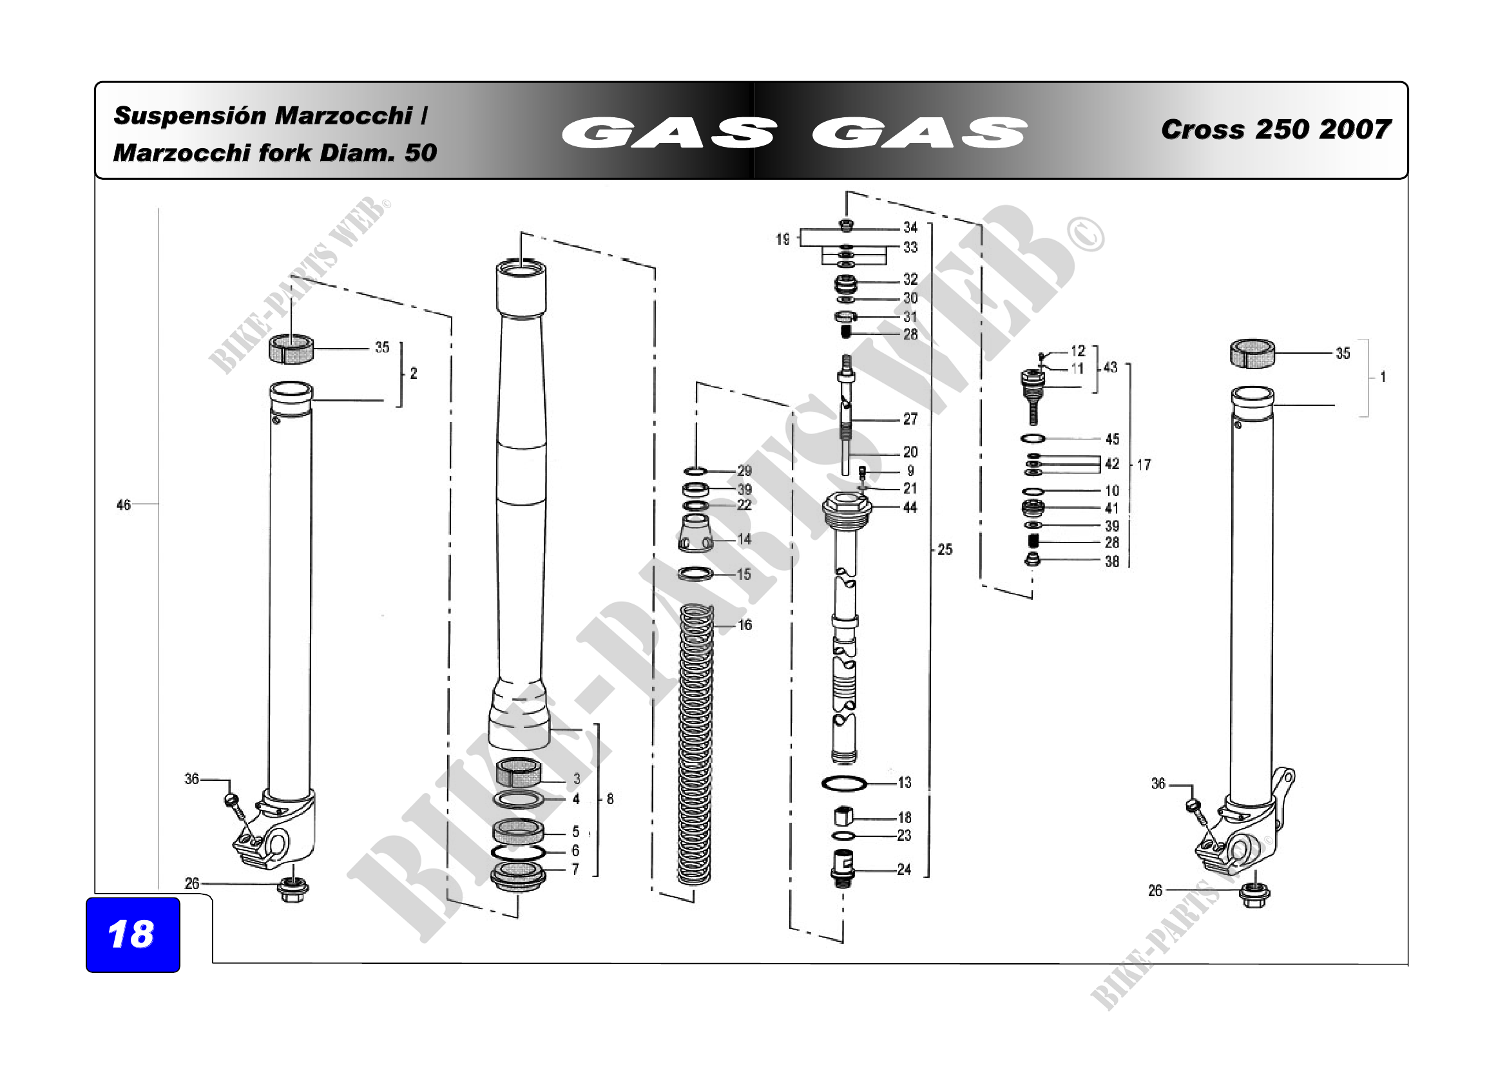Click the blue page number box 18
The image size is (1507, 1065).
(133, 934)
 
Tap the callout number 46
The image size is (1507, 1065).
(124, 504)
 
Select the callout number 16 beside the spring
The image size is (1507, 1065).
(745, 625)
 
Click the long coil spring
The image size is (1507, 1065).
(695, 744)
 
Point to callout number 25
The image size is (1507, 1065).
(945, 549)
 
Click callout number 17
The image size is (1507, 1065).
(1144, 465)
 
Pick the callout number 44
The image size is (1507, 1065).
(910, 507)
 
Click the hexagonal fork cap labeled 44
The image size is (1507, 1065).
(847, 508)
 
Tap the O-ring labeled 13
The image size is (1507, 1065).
(844, 783)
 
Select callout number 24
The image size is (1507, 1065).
(904, 869)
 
